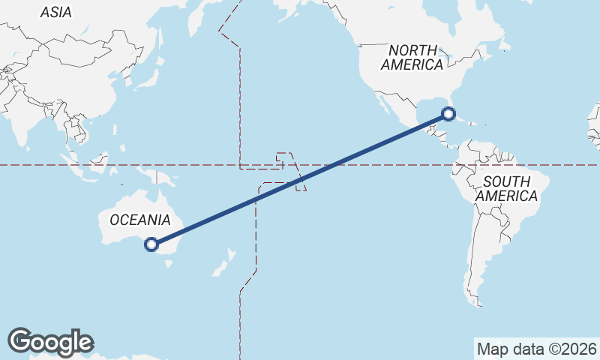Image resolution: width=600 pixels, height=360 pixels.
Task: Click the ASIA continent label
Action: click(x=55, y=12)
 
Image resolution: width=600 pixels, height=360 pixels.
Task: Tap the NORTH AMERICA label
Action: click(x=412, y=57)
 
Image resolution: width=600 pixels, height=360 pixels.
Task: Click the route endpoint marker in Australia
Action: click(x=151, y=244)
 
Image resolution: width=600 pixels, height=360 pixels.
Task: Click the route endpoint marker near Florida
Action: click(x=448, y=114)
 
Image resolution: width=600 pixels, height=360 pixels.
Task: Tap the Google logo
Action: click(x=50, y=341)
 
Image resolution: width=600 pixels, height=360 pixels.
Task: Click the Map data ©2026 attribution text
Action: click(x=536, y=349)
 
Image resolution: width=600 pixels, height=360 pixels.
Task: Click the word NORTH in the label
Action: click(x=412, y=49)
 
